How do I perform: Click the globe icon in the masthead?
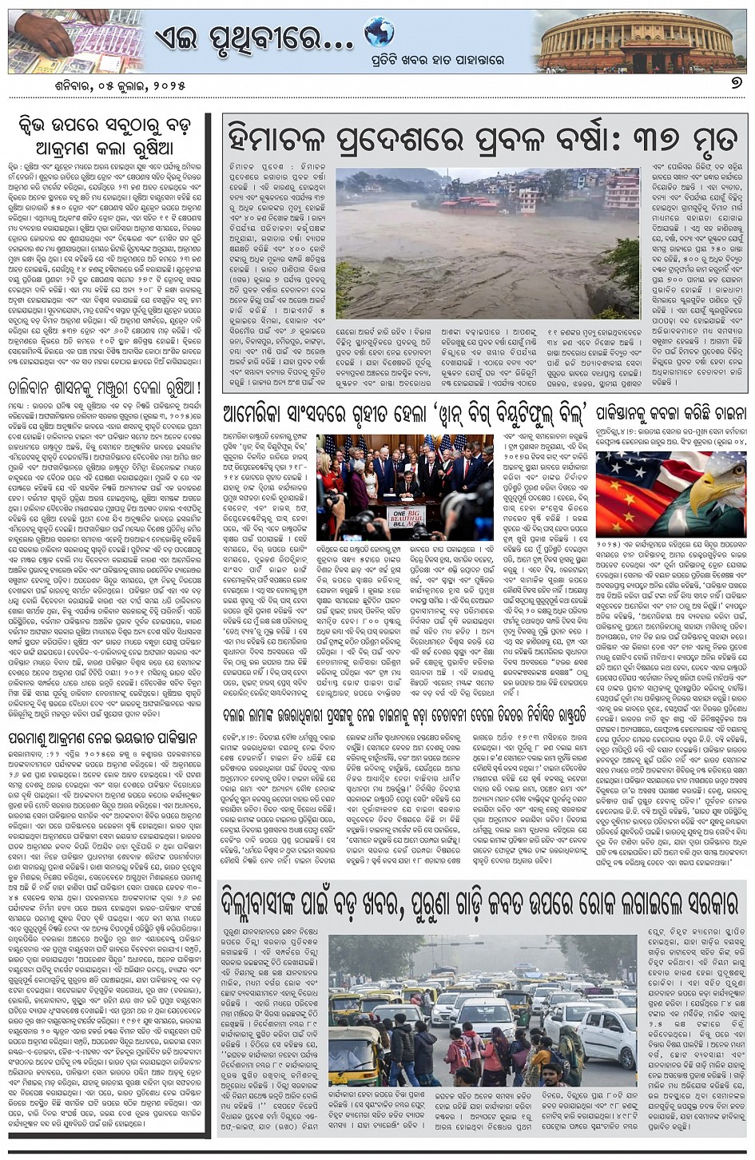click(x=379, y=32)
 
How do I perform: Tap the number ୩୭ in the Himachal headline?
click(x=649, y=138)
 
